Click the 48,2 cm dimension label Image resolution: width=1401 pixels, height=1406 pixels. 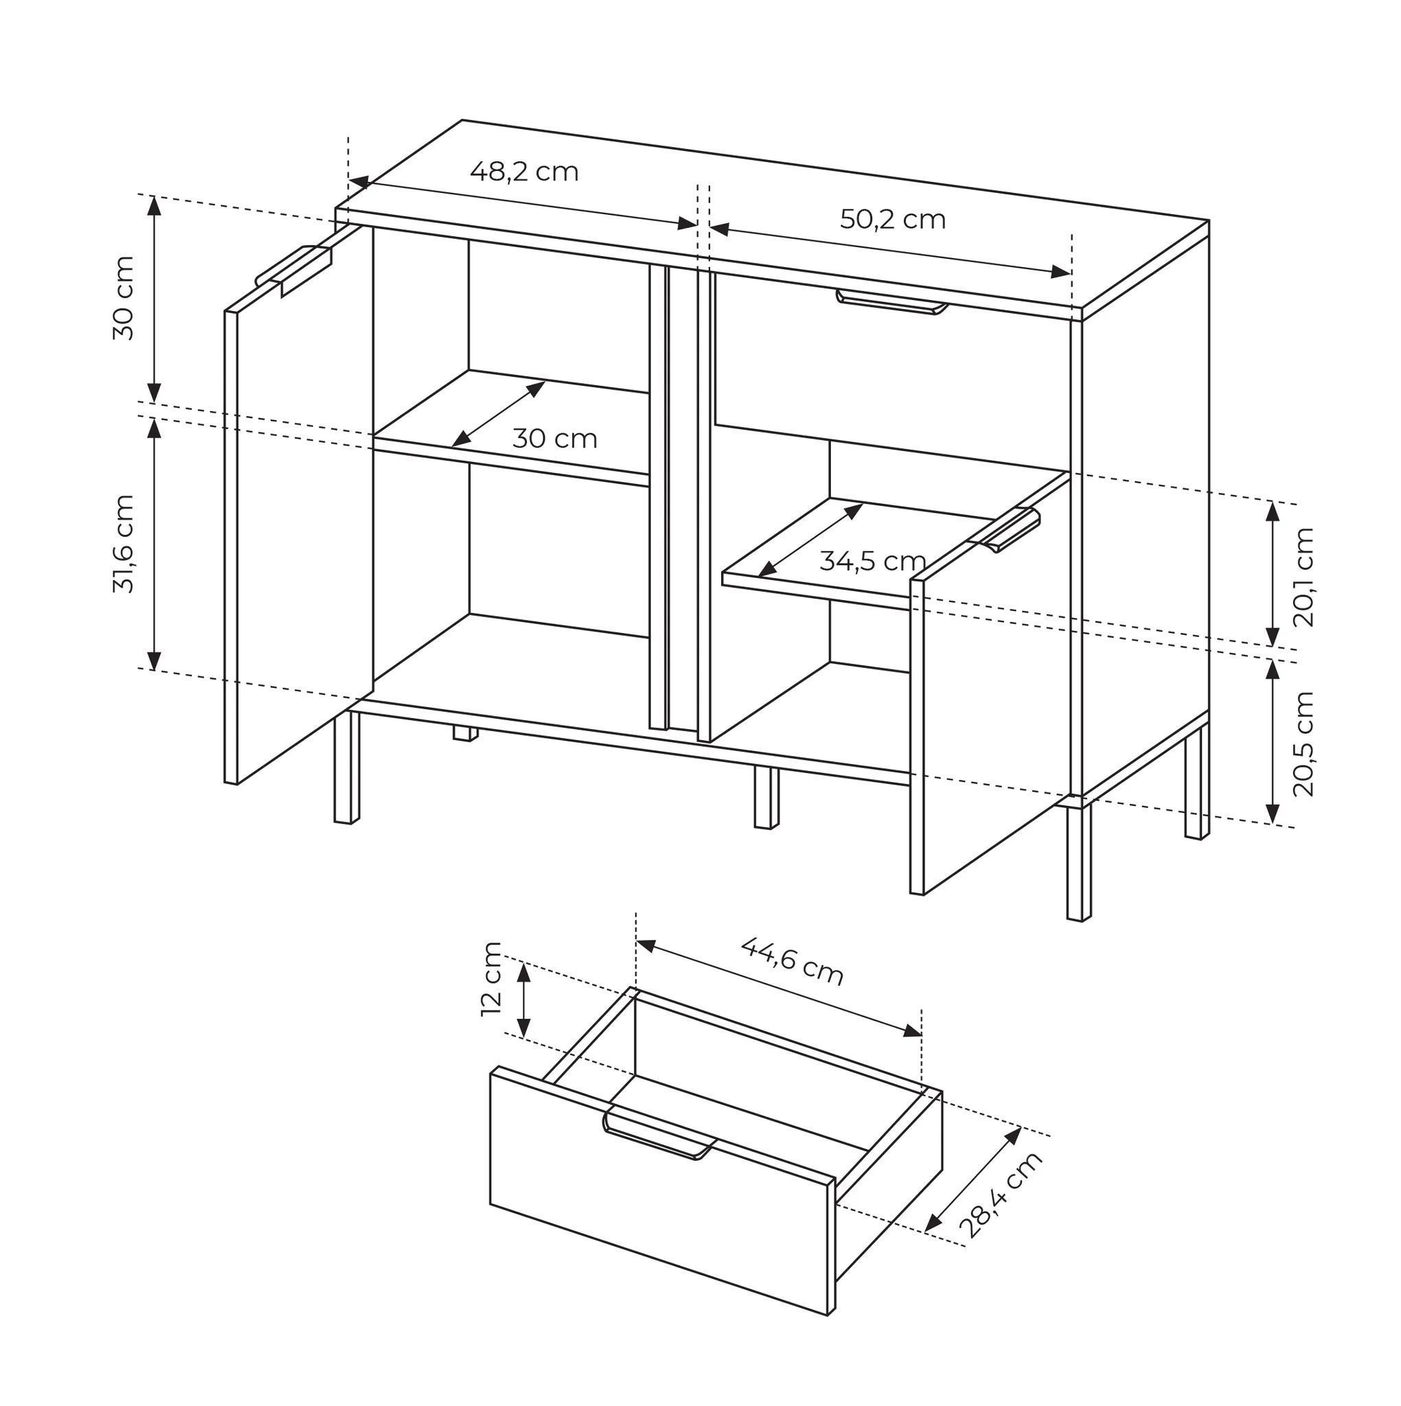523,172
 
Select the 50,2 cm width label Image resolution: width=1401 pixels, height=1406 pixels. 893,219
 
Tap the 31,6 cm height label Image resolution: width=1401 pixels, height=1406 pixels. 124,544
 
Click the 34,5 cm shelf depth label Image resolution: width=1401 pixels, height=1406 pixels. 872,561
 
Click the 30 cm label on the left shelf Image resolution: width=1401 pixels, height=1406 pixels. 555,439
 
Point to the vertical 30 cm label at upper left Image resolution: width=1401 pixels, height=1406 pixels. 124,298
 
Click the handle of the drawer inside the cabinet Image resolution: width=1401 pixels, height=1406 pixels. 892,301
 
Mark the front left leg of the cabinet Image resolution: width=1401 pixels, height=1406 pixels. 347,766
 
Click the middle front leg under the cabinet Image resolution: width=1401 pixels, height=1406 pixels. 766,797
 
